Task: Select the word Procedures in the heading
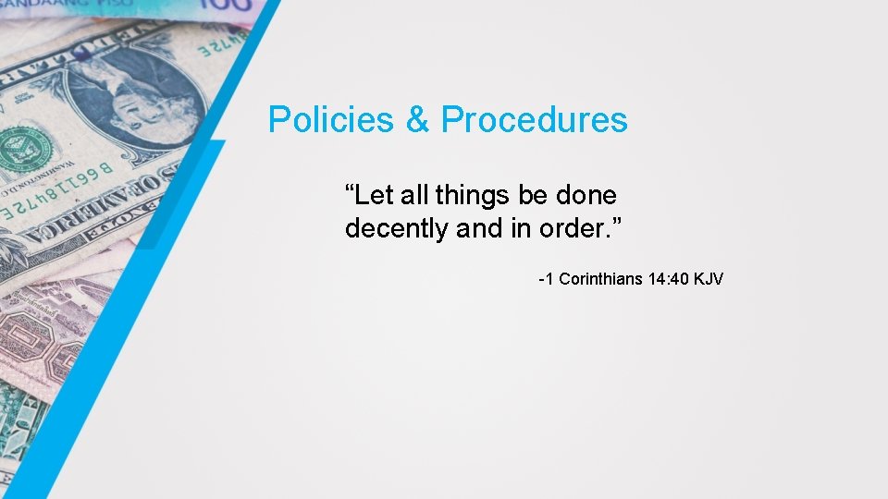click(x=534, y=120)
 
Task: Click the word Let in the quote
click(x=373, y=196)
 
